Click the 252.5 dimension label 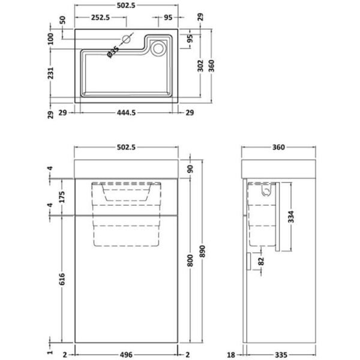click(x=101, y=17)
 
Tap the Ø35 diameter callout click(x=113, y=52)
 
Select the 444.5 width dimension click(x=126, y=113)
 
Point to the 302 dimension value click(x=200, y=65)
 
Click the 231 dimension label click(x=50, y=73)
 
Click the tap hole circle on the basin click(x=126, y=40)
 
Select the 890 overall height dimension click(x=202, y=251)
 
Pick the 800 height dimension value click(x=190, y=260)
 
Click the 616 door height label click(x=62, y=279)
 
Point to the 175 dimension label click(x=62, y=197)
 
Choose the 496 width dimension click(x=126, y=355)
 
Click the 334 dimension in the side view click(x=291, y=217)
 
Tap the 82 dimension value click(x=261, y=261)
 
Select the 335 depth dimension click(x=281, y=355)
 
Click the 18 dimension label click(x=231, y=355)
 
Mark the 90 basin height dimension click(x=190, y=169)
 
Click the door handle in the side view click(x=248, y=261)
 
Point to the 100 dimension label click(x=50, y=38)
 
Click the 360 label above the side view click(x=278, y=147)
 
